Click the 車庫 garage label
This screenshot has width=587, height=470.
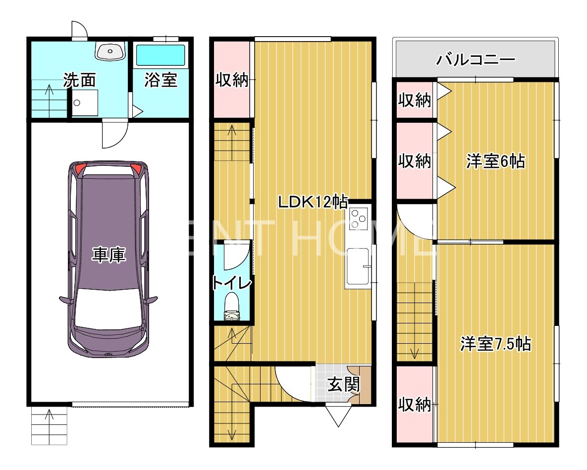[x=108, y=255]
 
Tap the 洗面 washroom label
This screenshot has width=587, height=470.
[x=79, y=80]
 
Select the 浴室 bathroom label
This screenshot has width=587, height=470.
[x=160, y=80]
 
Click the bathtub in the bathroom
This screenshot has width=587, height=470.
[x=160, y=55]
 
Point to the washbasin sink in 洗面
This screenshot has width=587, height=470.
[x=109, y=51]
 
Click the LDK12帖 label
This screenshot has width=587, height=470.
[x=313, y=202]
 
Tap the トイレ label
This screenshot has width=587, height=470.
[x=232, y=282]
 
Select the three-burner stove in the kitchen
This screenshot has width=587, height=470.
[x=358, y=218]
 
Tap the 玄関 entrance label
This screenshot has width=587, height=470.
[x=344, y=384]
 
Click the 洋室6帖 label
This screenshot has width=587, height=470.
[x=495, y=161]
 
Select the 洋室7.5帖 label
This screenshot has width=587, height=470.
[x=495, y=344]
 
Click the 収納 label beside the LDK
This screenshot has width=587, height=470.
[x=232, y=80]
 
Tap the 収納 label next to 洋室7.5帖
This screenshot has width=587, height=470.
[x=415, y=405]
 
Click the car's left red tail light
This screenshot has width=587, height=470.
[x=79, y=169]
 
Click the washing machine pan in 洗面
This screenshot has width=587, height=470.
[x=85, y=103]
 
